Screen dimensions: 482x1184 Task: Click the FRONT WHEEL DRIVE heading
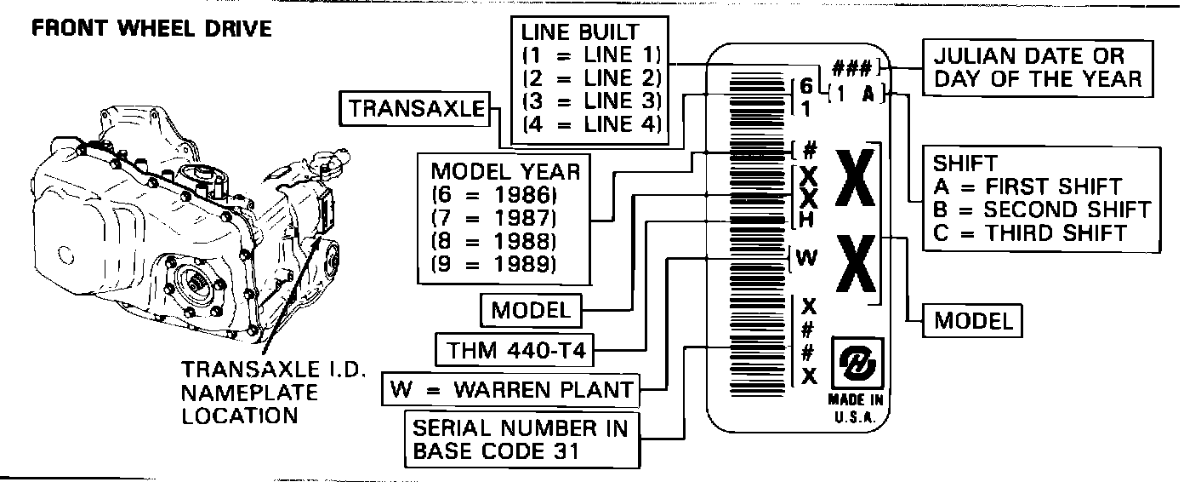pyautogui.click(x=151, y=28)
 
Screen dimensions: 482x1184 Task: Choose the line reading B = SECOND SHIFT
pyautogui.click(x=1041, y=209)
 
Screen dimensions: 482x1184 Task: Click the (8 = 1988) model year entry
pyautogui.click(x=493, y=241)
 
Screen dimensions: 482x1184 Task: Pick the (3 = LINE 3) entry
pyautogui.click(x=592, y=101)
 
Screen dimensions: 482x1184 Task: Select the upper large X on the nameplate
pyautogui.click(x=856, y=178)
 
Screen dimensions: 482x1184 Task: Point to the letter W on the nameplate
pyautogui.click(x=809, y=258)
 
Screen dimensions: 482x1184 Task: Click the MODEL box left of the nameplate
pyautogui.click(x=530, y=310)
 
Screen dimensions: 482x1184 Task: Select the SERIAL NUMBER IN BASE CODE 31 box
pyautogui.click(x=521, y=439)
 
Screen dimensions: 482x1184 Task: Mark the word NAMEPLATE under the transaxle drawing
pyautogui.click(x=249, y=393)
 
